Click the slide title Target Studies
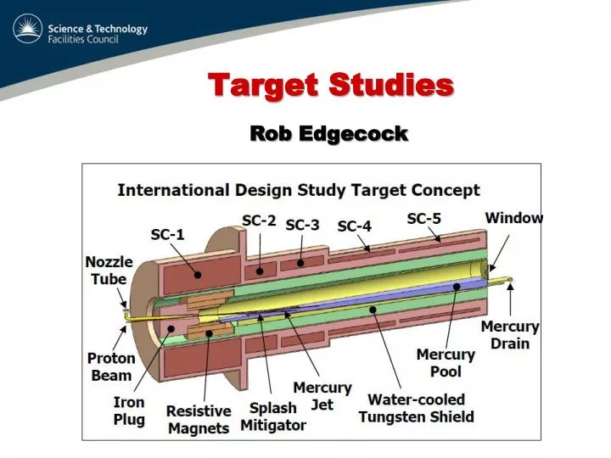(331, 85)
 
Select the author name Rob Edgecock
(328, 133)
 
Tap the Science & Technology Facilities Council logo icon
(28, 31)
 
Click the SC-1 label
(167, 233)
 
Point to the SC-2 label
(259, 220)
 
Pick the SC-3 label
(302, 225)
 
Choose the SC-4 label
(355, 226)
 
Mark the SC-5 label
(423, 218)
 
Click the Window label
(513, 218)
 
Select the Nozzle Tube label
(106, 270)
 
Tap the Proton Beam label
(110, 366)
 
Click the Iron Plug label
(129, 411)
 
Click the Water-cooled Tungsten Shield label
(416, 408)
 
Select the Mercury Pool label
(440, 363)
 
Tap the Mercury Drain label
(510, 334)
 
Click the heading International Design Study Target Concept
(298, 190)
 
